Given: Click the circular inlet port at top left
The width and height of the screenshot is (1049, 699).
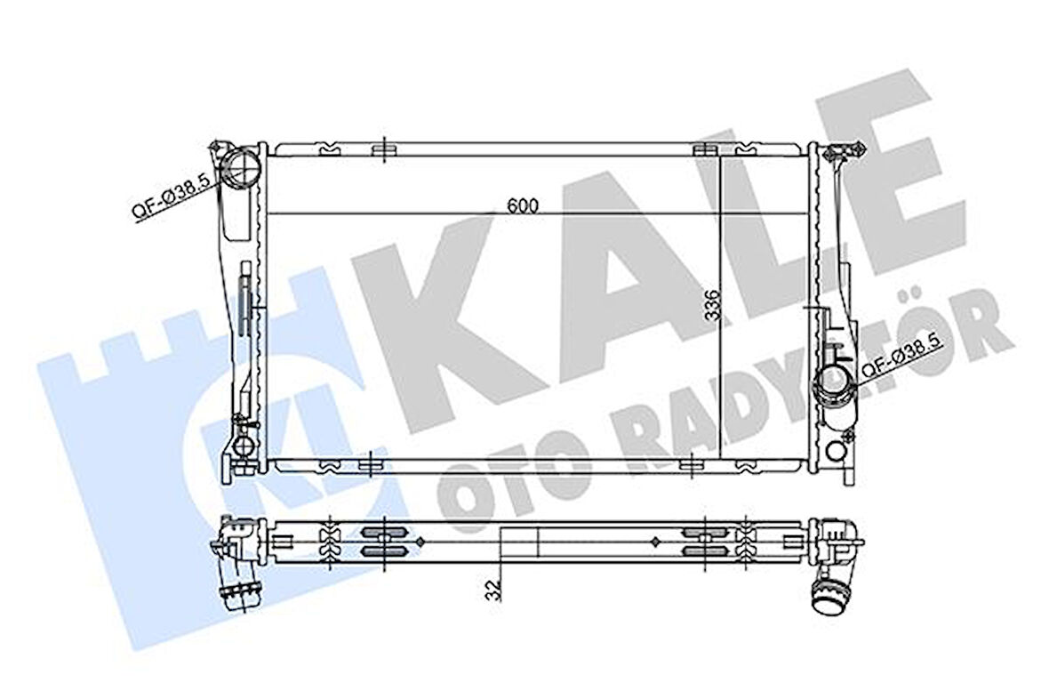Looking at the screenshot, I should tap(242, 165).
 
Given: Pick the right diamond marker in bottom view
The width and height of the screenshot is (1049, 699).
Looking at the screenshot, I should tap(655, 540).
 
